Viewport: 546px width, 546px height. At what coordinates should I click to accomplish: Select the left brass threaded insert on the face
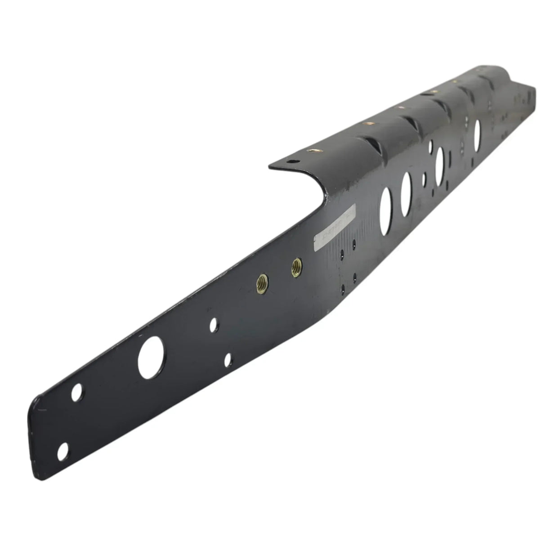click(x=261, y=282)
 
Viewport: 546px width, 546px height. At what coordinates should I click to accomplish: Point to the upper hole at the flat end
click(x=77, y=392)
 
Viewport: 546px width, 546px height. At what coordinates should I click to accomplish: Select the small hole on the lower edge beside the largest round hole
click(x=228, y=358)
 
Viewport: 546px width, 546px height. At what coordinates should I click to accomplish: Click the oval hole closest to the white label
click(x=386, y=208)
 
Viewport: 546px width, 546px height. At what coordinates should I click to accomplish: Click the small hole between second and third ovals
click(x=424, y=179)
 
